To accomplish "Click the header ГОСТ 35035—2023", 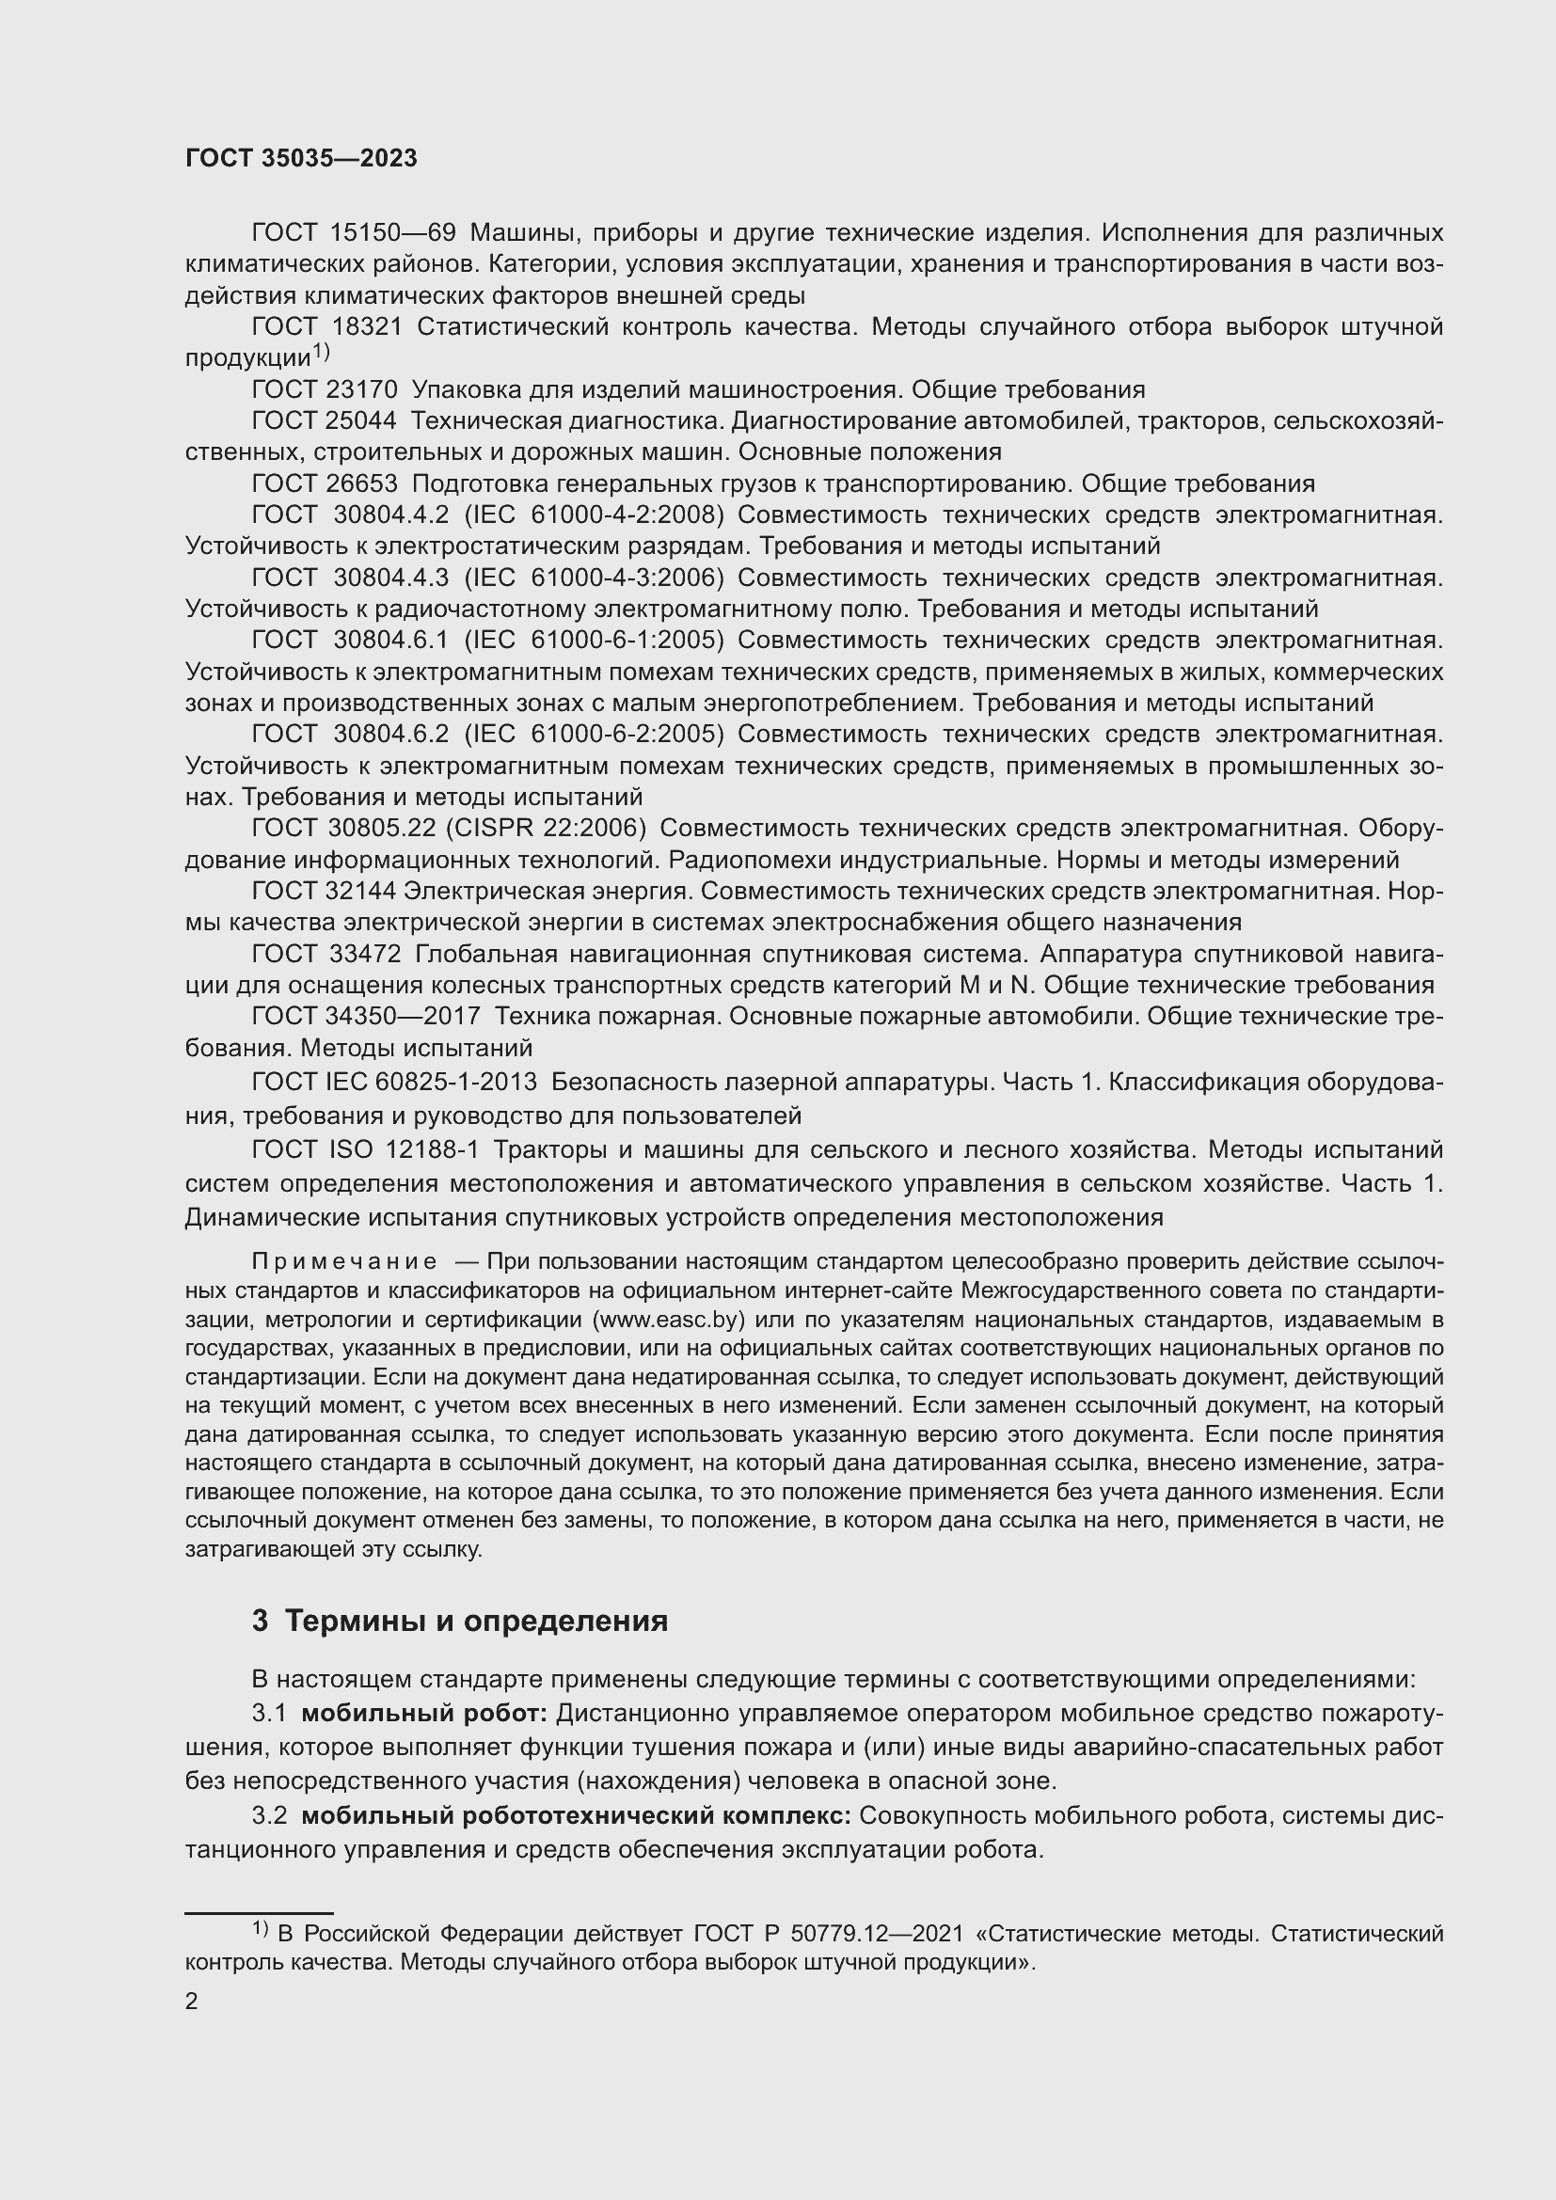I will coord(301,159).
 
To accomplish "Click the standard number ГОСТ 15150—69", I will coord(354,233).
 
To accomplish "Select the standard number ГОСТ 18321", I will coord(326,327).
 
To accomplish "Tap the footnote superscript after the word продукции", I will coord(320,354).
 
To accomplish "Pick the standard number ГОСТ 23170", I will coord(324,390).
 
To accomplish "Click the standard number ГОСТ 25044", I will coord(324,421).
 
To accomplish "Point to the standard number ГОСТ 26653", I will coord(324,483).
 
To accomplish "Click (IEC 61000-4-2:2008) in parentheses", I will coord(594,515).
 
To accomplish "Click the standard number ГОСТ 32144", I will coord(324,891).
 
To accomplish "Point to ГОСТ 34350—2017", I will coord(366,1017).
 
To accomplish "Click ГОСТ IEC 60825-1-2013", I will coord(394,1082).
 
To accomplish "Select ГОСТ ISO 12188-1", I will coord(365,1148).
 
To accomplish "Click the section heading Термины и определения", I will coord(476,1622).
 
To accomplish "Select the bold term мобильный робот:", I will coord(423,1713).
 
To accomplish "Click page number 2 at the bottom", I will coord(192,2002).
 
